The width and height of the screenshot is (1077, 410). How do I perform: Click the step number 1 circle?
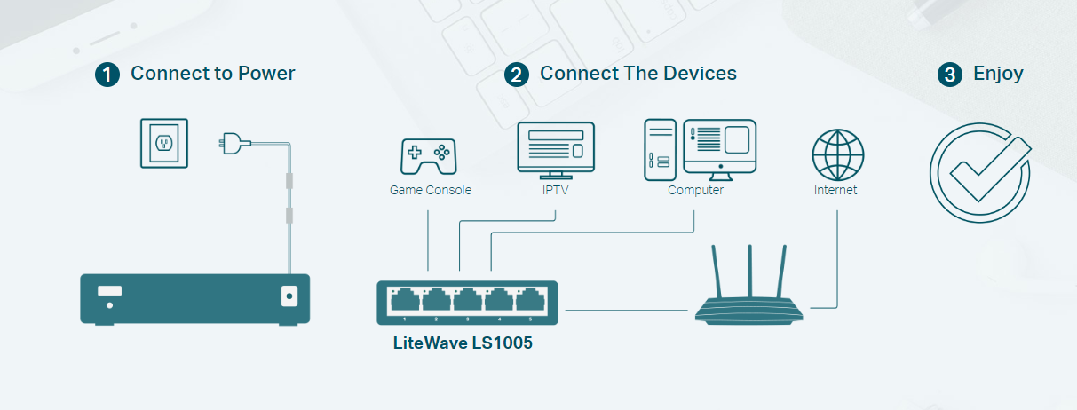[107, 75]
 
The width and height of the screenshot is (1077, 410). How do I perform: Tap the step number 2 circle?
[516, 75]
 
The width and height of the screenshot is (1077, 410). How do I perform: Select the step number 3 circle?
[949, 75]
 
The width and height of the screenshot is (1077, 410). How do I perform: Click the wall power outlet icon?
[164, 143]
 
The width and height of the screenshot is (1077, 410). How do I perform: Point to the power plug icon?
[231, 141]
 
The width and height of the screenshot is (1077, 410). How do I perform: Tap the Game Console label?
[431, 190]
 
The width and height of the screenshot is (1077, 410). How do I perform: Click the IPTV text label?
[556, 190]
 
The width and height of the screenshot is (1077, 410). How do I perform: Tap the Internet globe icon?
[838, 155]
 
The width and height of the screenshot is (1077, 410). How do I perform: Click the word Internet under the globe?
[835, 190]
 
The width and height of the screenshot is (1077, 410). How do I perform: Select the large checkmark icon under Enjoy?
[980, 171]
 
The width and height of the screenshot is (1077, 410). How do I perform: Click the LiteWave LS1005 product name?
[463, 343]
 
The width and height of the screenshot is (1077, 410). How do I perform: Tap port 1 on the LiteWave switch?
[405, 299]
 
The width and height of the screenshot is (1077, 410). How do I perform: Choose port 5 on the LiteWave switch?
[530, 299]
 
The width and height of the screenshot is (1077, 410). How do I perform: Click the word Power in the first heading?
[266, 74]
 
